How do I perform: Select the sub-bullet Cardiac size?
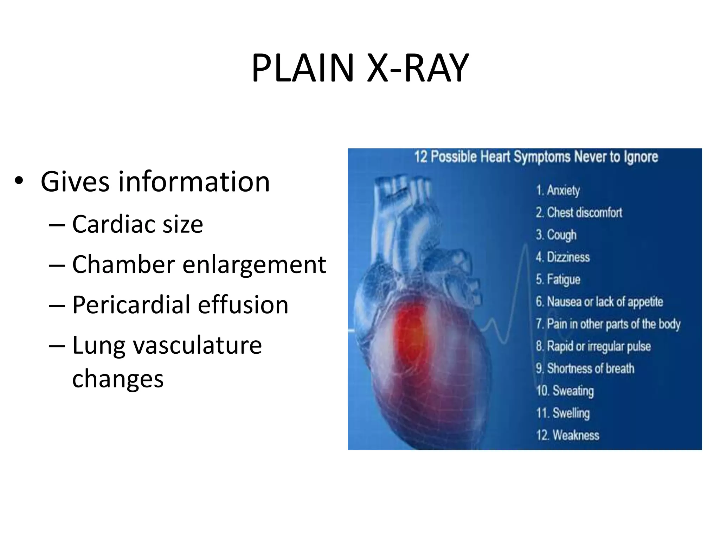(137, 224)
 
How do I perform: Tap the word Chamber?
(123, 264)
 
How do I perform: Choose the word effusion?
(243, 305)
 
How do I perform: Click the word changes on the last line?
(118, 379)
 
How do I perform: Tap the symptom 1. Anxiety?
(558, 190)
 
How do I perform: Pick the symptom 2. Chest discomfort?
(579, 212)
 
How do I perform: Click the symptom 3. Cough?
(556, 235)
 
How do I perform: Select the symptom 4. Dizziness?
(562, 257)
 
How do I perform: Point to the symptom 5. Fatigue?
(558, 279)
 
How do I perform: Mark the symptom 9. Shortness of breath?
(585, 368)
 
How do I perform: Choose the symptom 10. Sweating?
(565, 391)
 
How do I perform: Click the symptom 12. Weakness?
(567, 435)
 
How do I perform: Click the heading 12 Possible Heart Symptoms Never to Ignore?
(536, 157)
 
